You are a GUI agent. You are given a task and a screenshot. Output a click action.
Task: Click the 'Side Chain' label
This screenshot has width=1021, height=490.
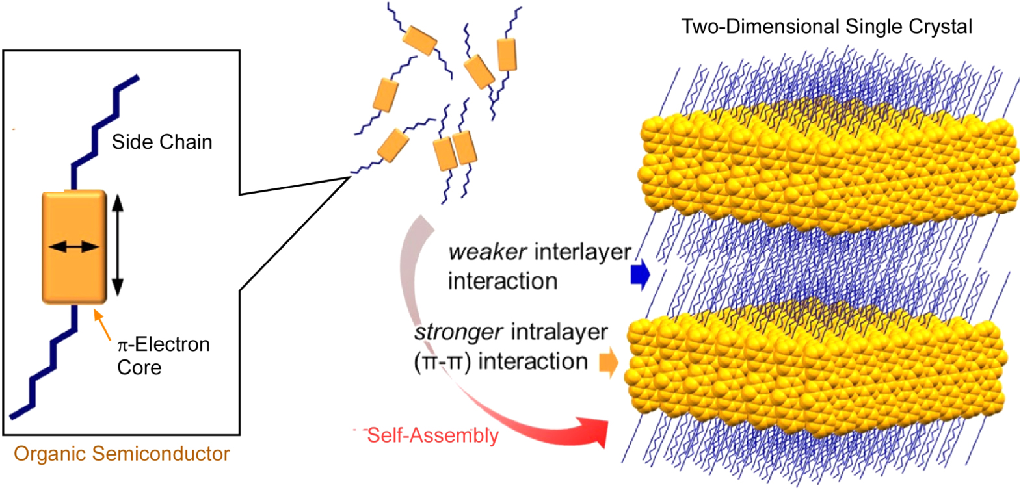click(x=161, y=142)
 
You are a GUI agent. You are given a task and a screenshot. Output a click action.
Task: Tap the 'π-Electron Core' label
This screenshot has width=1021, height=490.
click(x=163, y=355)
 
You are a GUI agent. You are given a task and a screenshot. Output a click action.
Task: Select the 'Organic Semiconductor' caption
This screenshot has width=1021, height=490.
click(x=122, y=454)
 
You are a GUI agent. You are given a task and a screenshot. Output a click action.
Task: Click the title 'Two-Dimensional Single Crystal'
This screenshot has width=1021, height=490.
click(x=826, y=27)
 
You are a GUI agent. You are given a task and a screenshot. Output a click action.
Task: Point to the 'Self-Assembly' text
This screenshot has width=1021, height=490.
click(x=432, y=435)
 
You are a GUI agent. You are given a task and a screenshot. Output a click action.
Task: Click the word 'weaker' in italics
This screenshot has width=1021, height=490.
click(x=487, y=252)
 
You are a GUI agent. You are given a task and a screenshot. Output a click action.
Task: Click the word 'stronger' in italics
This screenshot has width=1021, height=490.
click(x=458, y=332)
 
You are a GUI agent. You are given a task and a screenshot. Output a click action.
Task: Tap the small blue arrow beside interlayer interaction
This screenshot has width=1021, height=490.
click(x=640, y=275)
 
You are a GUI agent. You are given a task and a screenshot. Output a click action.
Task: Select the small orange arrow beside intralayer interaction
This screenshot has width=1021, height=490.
click(x=608, y=363)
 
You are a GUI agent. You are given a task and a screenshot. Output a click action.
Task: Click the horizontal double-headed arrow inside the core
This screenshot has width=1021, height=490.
click(x=73, y=247)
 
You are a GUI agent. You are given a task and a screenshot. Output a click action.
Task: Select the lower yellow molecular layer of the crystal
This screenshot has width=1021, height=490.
click(x=813, y=370)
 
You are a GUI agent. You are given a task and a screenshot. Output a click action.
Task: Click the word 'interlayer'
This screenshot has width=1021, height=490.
click(x=582, y=252)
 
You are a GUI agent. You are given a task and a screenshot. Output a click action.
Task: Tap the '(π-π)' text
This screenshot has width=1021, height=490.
click(x=442, y=361)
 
